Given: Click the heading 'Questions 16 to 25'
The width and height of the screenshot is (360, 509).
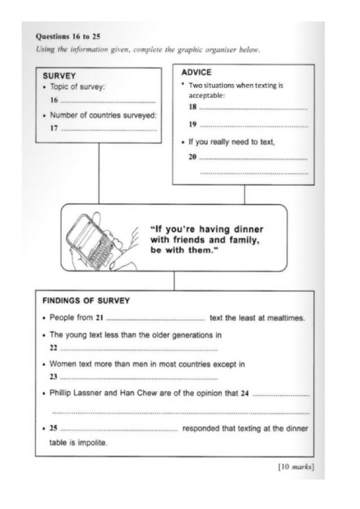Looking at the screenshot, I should pyautogui.click(x=68, y=36).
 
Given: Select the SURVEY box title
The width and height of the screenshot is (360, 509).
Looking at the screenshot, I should pyautogui.click(x=59, y=76).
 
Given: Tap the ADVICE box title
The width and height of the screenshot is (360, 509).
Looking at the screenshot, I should pyautogui.click(x=196, y=72).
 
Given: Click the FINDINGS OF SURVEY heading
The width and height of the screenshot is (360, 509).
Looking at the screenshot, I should pyautogui.click(x=86, y=301).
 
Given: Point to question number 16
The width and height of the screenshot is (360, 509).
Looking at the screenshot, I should pyautogui.click(x=54, y=101).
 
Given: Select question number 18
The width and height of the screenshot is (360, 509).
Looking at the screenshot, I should pyautogui.click(x=193, y=107).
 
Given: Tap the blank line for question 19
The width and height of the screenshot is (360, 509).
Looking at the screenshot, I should pyautogui.click(x=254, y=126).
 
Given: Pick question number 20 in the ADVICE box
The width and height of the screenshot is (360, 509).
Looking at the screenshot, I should pyautogui.click(x=193, y=157).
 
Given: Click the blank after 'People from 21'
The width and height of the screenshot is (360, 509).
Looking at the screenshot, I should pyautogui.click(x=156, y=320).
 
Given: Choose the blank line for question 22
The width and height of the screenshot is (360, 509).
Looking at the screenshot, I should pyautogui.click(x=139, y=349).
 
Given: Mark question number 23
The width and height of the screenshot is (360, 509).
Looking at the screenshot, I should pyautogui.click(x=54, y=377).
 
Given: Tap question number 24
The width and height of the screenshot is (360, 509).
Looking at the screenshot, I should pyautogui.click(x=245, y=393).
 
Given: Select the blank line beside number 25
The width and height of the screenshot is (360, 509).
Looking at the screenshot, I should pyautogui.click(x=119, y=430).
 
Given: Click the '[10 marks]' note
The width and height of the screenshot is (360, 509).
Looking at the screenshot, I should pyautogui.click(x=296, y=467).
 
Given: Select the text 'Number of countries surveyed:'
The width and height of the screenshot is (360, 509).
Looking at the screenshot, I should pyautogui.click(x=103, y=115).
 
